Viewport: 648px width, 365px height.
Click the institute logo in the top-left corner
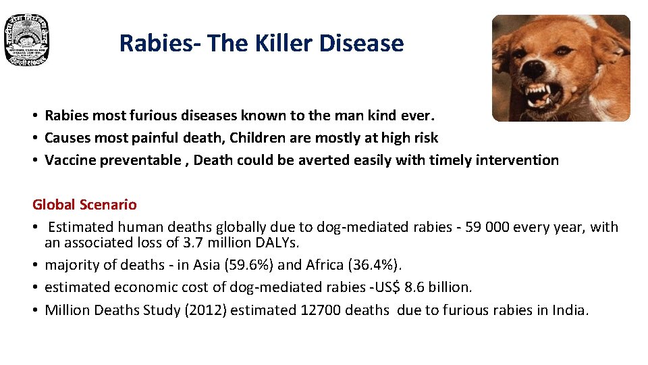click(27, 41)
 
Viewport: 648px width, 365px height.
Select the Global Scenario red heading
click(84, 204)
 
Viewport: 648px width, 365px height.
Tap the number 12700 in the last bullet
click(321, 310)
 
